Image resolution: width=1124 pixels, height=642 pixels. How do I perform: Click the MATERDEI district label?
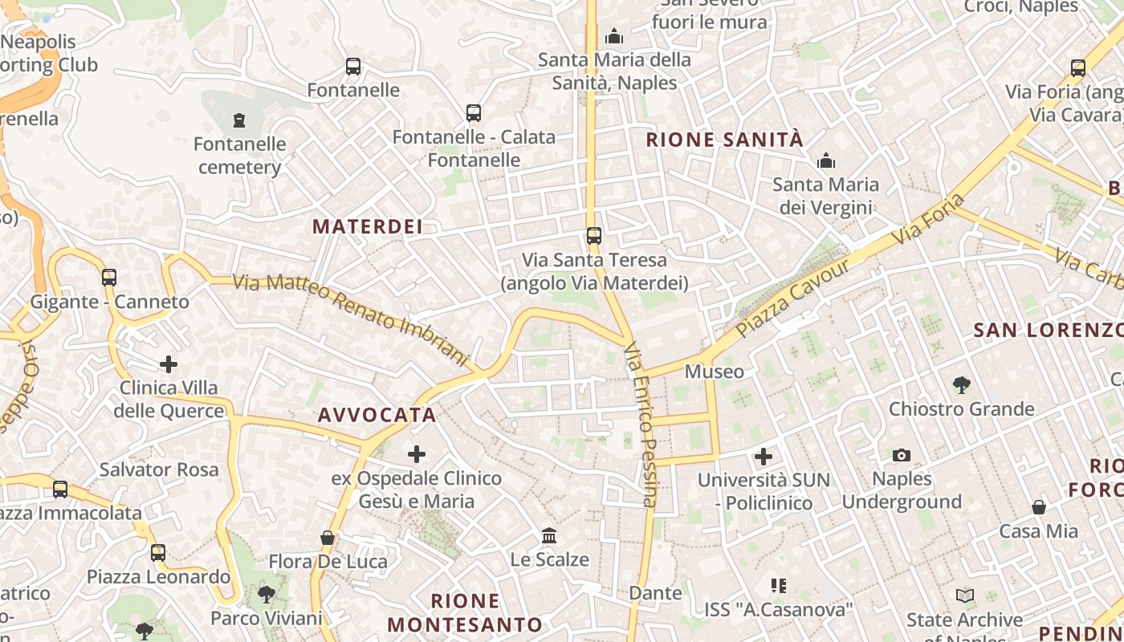pos(368,227)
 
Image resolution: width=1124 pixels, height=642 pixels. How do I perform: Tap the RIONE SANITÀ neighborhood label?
pos(724,140)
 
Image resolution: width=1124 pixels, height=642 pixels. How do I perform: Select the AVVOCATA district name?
pos(377,415)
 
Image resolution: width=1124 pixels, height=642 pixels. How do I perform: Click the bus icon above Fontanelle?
pos(353,67)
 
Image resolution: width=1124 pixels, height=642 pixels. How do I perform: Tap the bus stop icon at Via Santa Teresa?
pos(594,236)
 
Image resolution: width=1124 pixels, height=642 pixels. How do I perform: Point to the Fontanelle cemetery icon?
pos(238,120)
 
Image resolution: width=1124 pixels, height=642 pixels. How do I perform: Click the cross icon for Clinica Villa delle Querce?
pos(169,364)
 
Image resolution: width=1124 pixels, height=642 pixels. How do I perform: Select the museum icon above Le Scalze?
pos(549,535)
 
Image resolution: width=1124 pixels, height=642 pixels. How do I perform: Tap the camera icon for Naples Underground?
pos(902,456)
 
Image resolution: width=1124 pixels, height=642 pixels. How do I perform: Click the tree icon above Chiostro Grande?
pos(961,385)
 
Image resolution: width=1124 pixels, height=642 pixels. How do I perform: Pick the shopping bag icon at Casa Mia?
pos(1039,507)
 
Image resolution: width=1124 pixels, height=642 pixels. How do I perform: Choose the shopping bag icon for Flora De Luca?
pos(328,537)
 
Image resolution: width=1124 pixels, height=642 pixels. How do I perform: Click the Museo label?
pos(714,372)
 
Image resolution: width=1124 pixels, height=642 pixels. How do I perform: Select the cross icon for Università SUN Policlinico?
pos(764,457)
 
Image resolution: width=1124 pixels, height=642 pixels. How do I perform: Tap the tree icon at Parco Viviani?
pos(266,595)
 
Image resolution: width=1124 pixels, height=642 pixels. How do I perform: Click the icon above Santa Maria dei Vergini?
pos(826,160)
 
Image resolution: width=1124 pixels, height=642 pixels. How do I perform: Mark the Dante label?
pos(655,593)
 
